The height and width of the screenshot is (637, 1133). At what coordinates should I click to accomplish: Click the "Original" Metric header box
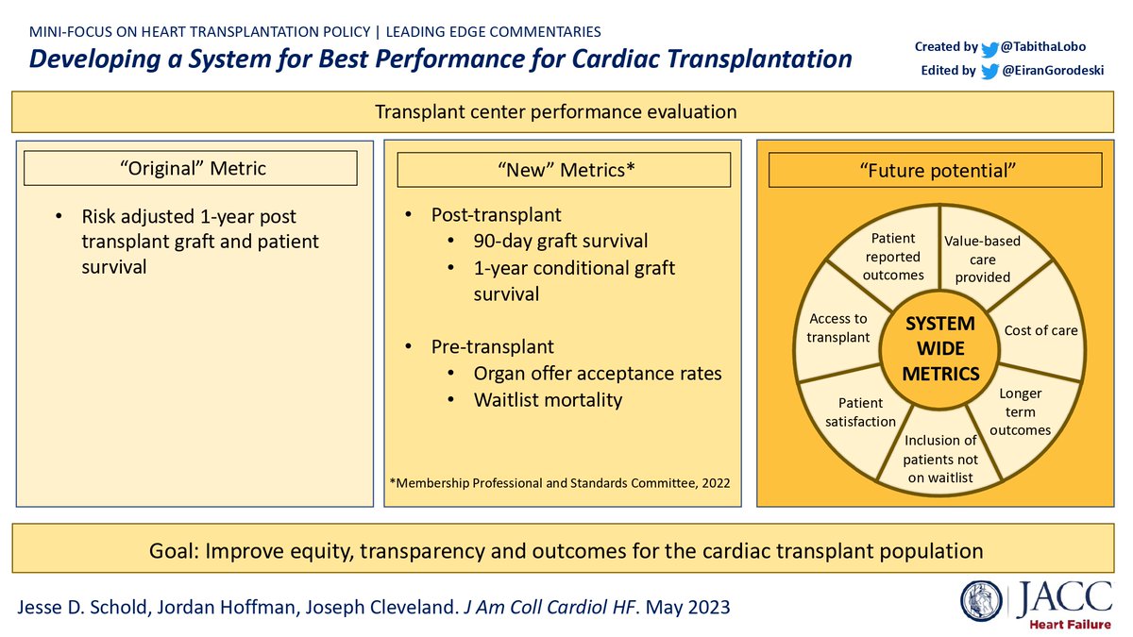pos(190,169)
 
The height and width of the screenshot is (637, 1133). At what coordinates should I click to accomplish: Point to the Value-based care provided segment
pos(982,259)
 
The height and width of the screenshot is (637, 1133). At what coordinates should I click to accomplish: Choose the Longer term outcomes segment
pos(1020,411)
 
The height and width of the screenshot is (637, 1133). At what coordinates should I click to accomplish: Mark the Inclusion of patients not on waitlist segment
pos(940,458)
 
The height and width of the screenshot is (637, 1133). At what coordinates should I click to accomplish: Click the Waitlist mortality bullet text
pos(548,399)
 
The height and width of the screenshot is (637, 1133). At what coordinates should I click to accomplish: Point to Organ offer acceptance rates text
pos(597,373)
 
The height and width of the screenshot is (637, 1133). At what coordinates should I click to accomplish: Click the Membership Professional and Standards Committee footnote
pos(559,483)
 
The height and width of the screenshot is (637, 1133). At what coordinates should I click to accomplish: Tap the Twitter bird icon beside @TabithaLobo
pos(989,47)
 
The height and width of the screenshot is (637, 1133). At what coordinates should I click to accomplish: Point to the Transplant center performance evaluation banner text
pos(555,111)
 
